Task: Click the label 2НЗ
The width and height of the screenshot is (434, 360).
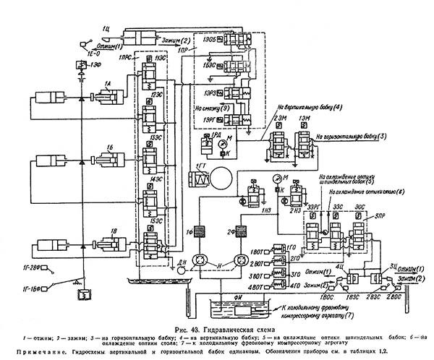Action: tap(294, 210)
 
